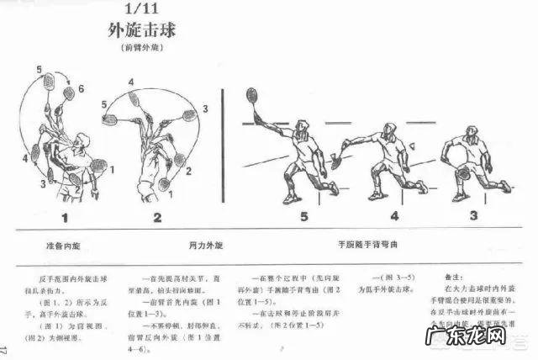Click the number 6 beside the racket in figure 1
[x=81, y=88]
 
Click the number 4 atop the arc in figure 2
[x=131, y=82]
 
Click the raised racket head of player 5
[x=251, y=94]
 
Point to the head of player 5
[x=303, y=127]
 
